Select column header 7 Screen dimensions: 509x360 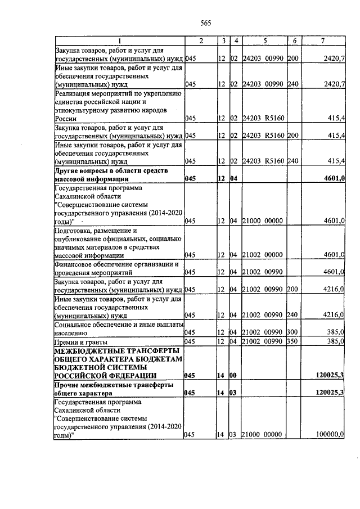coord(322,40)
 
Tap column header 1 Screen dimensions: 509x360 coord(119,40)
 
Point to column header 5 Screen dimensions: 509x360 coord(264,40)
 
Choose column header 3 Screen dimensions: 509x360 coord(223,40)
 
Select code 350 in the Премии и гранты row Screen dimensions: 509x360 coord(294,341)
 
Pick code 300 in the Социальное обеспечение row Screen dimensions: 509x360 coord(294,332)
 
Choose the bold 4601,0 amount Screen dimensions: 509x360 coord(332,178)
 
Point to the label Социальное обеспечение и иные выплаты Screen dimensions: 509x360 coord(119,325)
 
